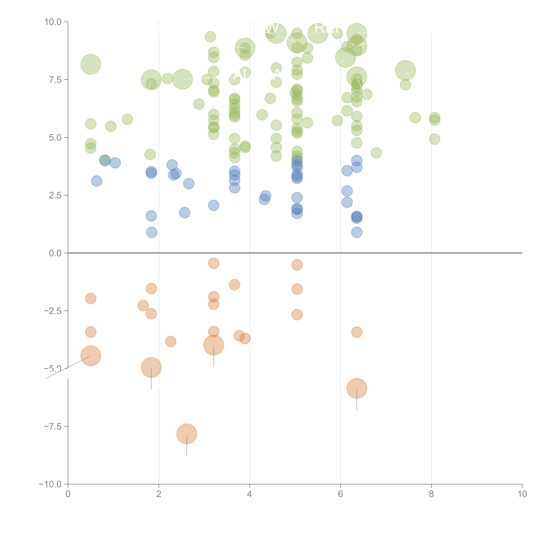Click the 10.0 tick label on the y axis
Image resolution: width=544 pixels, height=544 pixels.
tap(53, 22)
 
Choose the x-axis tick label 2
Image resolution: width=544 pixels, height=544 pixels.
tap(159, 494)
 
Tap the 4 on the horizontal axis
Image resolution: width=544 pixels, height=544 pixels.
tap(249, 494)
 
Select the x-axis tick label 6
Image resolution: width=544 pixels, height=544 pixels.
tap(340, 494)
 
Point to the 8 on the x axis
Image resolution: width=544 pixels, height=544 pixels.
tap(431, 494)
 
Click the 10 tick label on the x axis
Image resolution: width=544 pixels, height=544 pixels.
tap(522, 494)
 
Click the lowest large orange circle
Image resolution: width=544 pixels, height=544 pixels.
tap(187, 434)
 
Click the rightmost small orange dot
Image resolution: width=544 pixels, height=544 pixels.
tap(357, 332)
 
